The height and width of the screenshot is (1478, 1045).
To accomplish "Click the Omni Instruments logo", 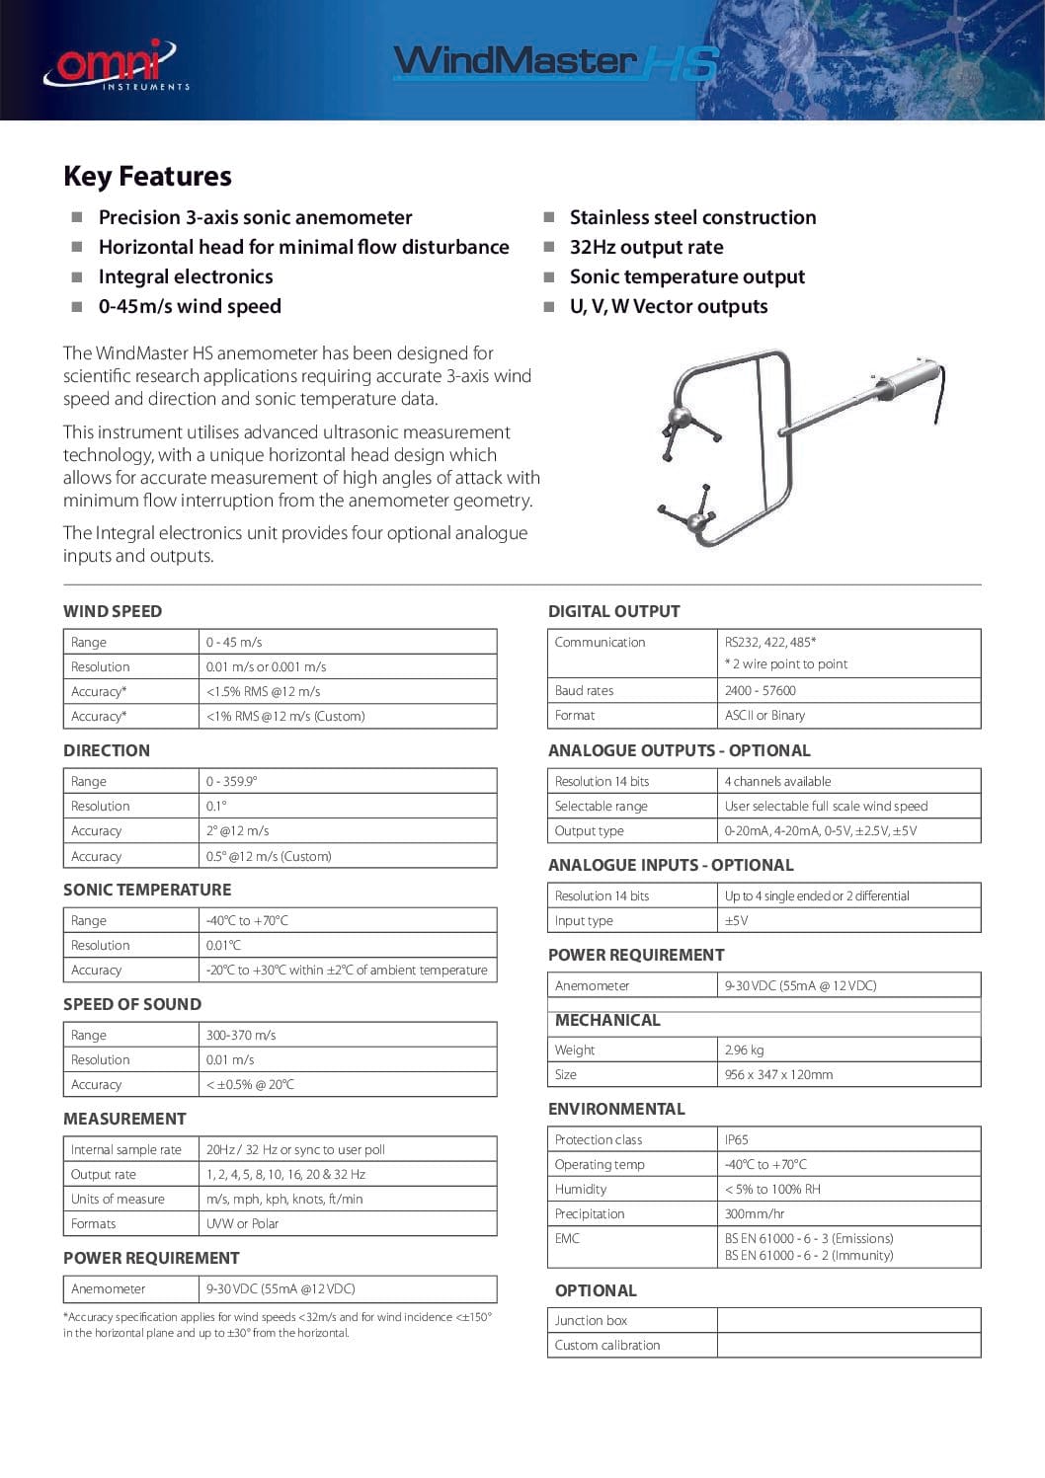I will coord(115,65).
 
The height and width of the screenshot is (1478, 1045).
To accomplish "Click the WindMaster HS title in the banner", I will coord(555,62).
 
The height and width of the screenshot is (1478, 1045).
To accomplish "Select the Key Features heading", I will coord(147,177).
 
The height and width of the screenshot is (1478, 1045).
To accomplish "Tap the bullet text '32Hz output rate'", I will coord(646,248).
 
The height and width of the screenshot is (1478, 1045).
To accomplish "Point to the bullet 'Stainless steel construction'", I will coord(692,218).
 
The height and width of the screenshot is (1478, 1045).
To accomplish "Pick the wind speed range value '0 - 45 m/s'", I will coord(234,642).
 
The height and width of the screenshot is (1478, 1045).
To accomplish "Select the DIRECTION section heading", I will coord(107,750).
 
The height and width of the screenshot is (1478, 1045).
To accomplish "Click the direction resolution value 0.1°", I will coord(215,806).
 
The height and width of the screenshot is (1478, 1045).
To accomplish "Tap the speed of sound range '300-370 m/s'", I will coord(241,1035).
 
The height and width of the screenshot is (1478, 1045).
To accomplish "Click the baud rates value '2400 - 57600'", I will coord(760,690).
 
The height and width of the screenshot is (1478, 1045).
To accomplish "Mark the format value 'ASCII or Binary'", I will coord(764,715).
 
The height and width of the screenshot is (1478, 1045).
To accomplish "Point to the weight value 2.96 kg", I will coord(744,1050).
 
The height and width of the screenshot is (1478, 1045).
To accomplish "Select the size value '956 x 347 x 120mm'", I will coord(778,1074).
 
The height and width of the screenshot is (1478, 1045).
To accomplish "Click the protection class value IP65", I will coord(737,1139).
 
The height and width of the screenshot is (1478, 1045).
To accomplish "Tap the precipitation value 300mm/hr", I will coord(755,1213).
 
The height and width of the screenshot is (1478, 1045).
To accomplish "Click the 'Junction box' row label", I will coord(591,1320).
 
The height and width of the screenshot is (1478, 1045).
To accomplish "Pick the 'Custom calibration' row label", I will coord(606,1345).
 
